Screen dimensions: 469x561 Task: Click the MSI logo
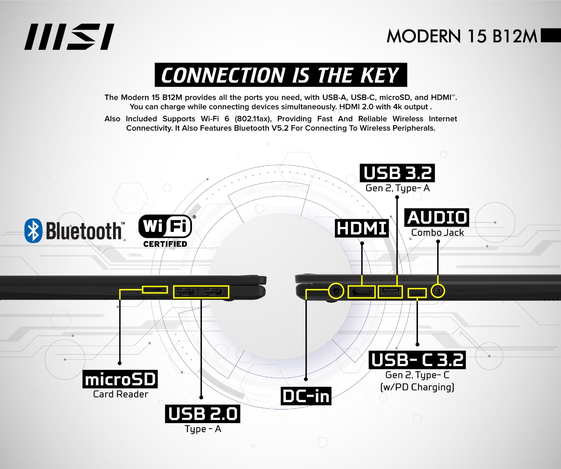click(x=69, y=37)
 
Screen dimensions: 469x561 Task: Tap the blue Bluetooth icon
click(x=33, y=230)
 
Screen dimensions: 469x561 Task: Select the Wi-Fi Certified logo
click(x=165, y=230)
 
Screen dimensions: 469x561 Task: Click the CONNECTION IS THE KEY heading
click(x=280, y=75)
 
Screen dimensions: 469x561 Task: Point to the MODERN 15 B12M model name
click(x=462, y=36)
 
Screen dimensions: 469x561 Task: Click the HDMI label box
click(x=361, y=228)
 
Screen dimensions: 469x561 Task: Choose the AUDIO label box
click(x=437, y=218)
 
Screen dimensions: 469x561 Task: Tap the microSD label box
click(x=120, y=379)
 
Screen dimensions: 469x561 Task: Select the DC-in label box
click(x=306, y=396)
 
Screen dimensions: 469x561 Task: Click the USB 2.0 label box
click(x=203, y=414)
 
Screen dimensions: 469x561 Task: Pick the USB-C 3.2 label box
click(x=417, y=360)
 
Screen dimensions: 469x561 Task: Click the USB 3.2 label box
click(x=397, y=173)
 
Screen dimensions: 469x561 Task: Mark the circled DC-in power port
click(x=336, y=291)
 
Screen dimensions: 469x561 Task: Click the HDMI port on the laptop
click(x=361, y=291)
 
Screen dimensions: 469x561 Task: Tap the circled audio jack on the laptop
click(x=438, y=291)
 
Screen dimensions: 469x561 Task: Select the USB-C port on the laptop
click(x=417, y=292)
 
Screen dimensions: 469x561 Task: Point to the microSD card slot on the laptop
click(x=155, y=290)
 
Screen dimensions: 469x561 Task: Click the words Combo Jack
click(x=437, y=233)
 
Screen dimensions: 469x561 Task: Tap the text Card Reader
click(x=121, y=394)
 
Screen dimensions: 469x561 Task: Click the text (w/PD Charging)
click(x=417, y=387)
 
